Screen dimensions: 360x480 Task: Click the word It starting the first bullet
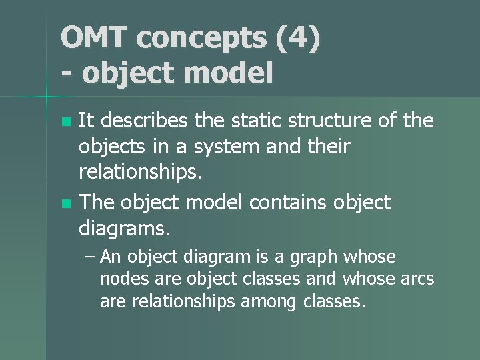click(x=87, y=121)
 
